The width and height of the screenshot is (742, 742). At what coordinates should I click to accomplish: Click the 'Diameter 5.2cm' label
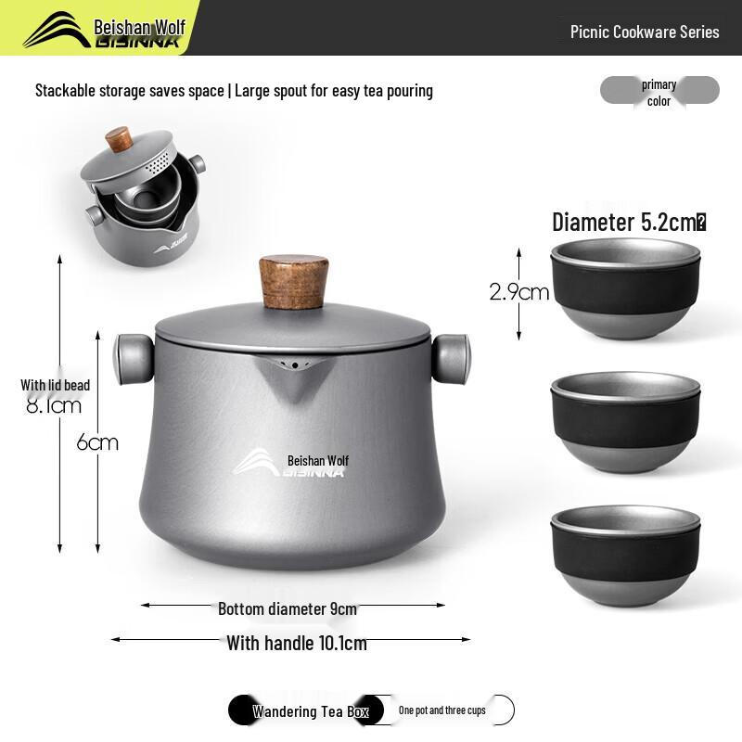[x=629, y=223]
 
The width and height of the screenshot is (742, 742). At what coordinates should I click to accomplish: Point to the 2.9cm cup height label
[x=519, y=292]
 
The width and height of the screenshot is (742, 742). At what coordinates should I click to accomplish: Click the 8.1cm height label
[x=54, y=405]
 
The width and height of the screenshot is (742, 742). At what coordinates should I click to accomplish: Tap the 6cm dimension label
[x=97, y=442]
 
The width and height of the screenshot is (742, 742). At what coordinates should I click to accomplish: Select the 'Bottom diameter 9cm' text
[x=288, y=608]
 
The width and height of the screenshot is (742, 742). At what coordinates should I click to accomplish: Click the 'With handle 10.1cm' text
[x=297, y=643]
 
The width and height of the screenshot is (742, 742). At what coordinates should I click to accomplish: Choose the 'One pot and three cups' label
[x=442, y=710]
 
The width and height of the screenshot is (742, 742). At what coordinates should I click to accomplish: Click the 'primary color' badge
[x=659, y=92]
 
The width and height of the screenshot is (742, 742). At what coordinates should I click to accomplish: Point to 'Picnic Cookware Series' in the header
[x=645, y=32]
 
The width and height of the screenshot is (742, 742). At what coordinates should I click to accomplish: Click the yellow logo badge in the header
[x=104, y=29]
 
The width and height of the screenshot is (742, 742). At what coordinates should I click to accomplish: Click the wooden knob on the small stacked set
[x=118, y=140]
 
